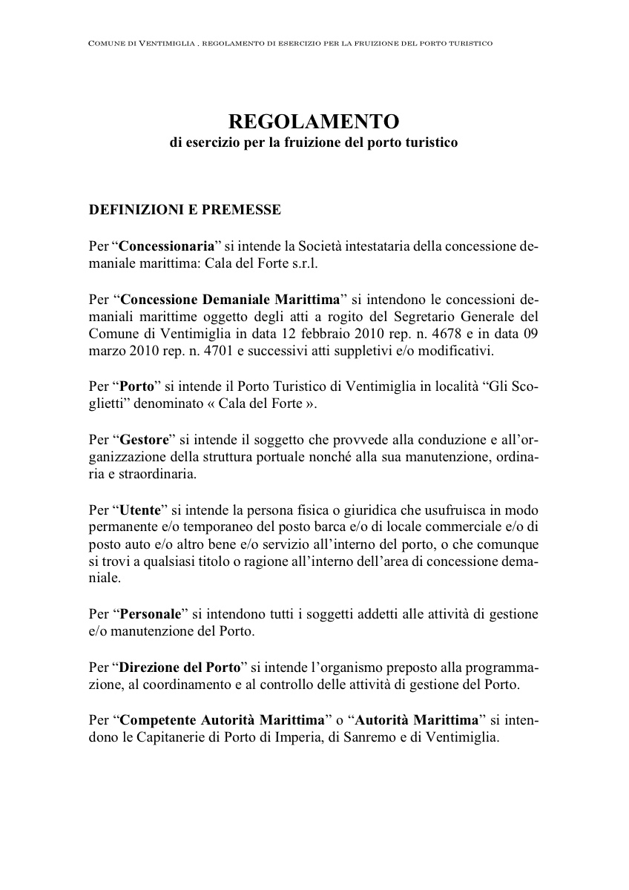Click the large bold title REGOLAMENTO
coord(314,121)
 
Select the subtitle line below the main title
coord(314,142)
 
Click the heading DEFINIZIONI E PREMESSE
coord(185,210)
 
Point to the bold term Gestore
coord(145,440)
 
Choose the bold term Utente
coord(140,511)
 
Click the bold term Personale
coord(151,614)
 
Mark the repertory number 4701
coord(208,351)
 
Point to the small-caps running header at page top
coord(290,44)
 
